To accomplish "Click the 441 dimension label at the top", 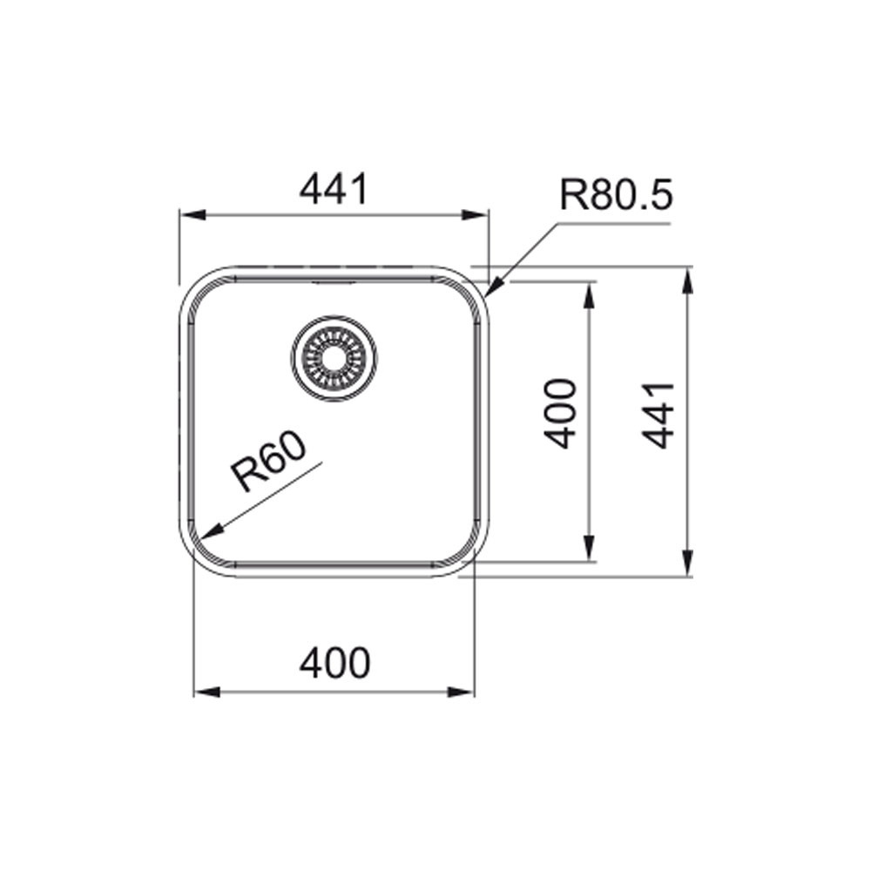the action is click(334, 189).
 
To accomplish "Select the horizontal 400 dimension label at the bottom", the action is click(334, 663).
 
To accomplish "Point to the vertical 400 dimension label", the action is click(559, 414).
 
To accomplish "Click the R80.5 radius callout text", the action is click(616, 194).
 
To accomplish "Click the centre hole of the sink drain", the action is click(334, 358).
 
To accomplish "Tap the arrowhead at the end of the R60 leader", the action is click(212, 532).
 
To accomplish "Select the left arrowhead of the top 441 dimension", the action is click(192, 215).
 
